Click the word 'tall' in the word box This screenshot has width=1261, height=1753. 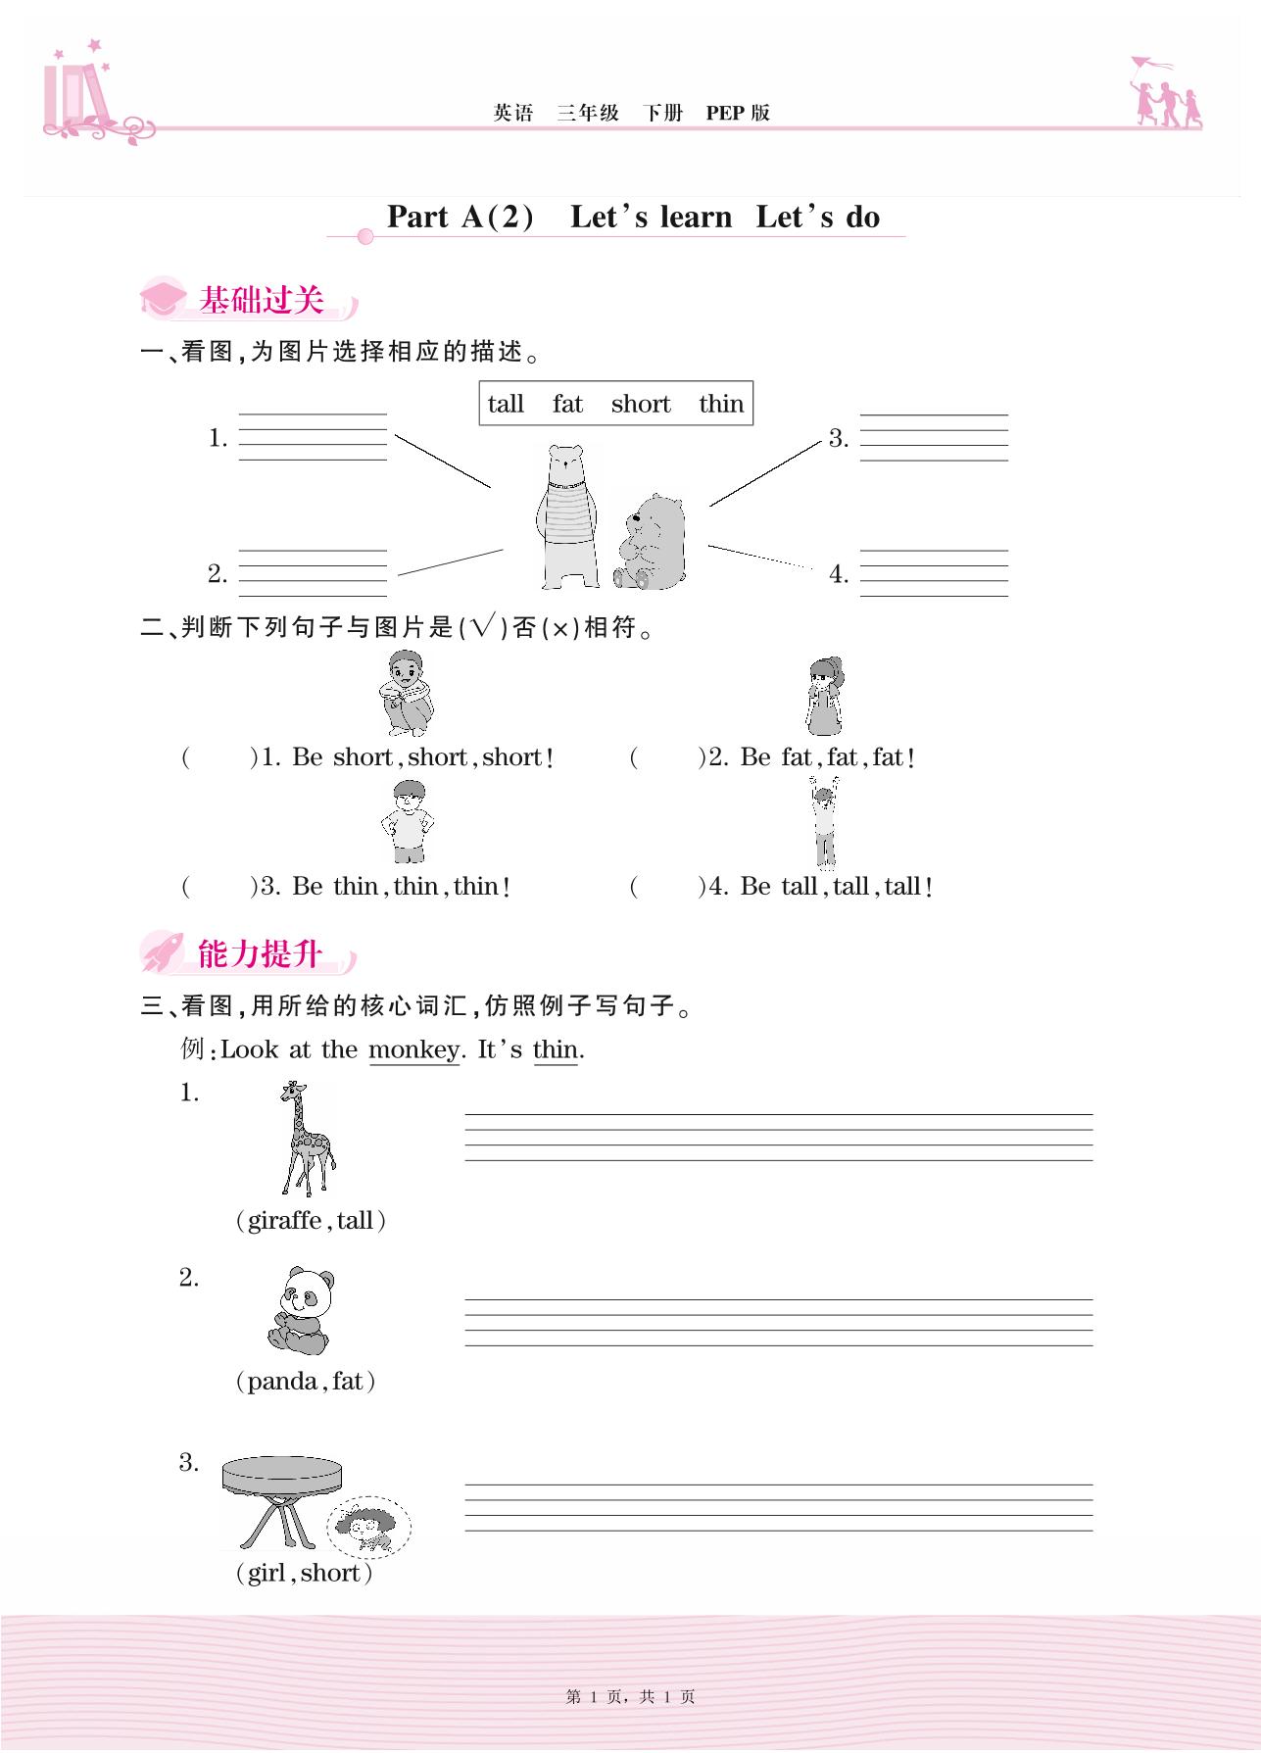(x=506, y=404)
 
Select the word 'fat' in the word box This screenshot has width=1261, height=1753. (x=567, y=404)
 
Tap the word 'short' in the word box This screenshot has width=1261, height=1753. (x=641, y=404)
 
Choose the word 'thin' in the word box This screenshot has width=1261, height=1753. (x=721, y=404)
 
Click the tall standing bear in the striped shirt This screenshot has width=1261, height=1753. (x=566, y=515)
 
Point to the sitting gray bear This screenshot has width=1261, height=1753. (x=652, y=542)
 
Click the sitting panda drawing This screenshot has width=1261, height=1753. (x=301, y=1311)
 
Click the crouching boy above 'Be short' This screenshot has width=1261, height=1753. (x=406, y=692)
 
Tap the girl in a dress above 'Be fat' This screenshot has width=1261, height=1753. (x=824, y=695)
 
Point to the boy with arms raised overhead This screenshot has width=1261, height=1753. (x=824, y=821)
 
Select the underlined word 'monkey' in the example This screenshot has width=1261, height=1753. (x=413, y=1049)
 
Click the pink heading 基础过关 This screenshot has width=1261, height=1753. (x=261, y=300)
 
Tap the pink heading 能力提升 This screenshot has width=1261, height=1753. (x=260, y=953)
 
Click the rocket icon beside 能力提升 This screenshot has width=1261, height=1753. (x=162, y=951)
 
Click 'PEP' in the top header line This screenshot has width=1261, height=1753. (x=725, y=113)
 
